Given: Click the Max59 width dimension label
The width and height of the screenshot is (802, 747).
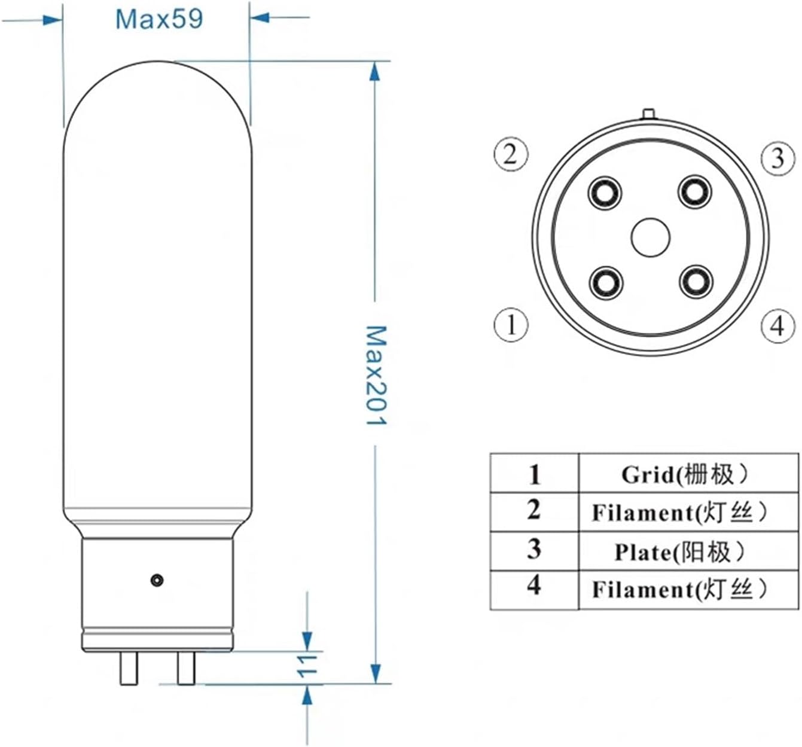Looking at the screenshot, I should coord(159,19).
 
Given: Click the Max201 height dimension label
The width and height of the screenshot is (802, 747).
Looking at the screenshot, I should coord(376,375).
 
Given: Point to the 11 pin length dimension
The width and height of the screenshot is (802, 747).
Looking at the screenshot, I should coord(306,666).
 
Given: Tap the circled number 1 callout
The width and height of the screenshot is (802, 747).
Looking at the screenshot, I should coord(511,325).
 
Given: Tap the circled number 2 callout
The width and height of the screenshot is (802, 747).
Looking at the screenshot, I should coord(510,154).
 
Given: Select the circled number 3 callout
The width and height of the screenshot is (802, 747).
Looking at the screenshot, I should coord(777,158).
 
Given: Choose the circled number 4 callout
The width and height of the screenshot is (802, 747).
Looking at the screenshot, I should coord(777,326).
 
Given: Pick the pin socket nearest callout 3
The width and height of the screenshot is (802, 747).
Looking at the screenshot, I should coord(694,193).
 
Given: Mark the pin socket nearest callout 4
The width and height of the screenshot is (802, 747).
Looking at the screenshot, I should coord(696,281).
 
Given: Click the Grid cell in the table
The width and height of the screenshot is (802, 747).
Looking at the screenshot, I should coord(685,474).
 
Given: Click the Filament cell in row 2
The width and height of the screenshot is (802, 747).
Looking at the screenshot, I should coord(679,513).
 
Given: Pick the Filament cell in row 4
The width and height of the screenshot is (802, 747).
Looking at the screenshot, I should coord(679,590).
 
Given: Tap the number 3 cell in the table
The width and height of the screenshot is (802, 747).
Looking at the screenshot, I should coord(534,550).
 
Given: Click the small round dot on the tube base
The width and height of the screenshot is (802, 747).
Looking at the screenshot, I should coord(157,580).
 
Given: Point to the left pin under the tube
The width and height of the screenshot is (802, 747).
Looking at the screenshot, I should coord(129,668).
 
